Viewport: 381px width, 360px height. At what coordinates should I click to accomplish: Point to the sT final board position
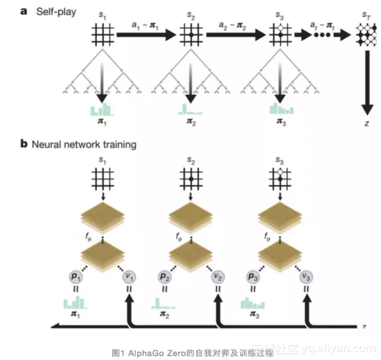(366, 35)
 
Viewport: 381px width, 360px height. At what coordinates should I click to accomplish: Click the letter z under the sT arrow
(366, 124)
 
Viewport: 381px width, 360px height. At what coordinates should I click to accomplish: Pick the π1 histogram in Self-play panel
(102, 109)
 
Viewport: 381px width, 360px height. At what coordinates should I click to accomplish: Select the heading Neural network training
(84, 144)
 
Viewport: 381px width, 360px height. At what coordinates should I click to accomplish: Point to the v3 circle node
(307, 277)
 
